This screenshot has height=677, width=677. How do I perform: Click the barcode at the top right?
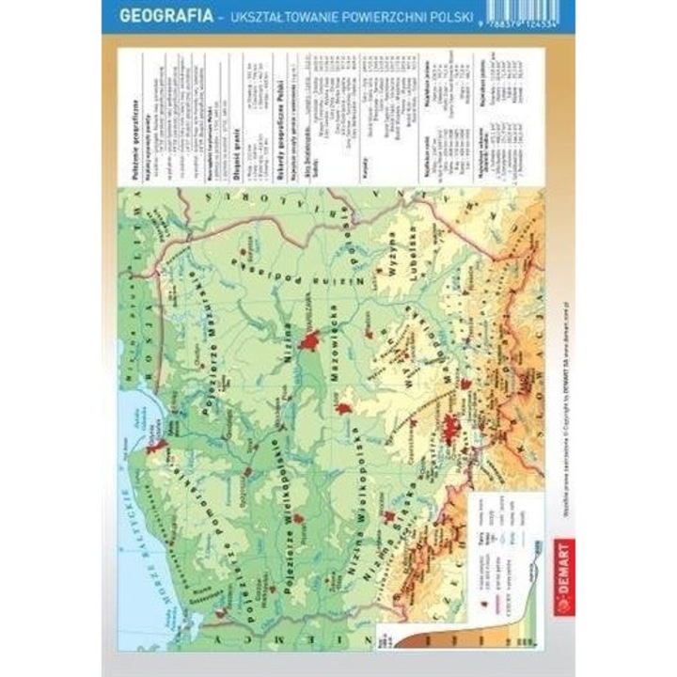[x=537, y=14]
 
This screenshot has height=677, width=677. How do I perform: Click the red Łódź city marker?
[x=344, y=409]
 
